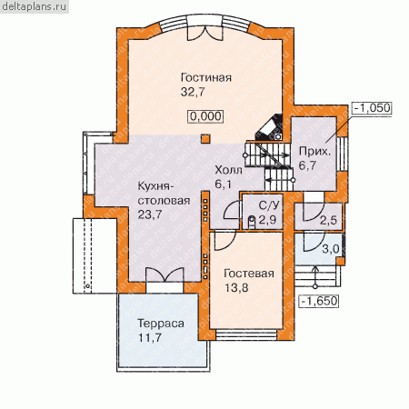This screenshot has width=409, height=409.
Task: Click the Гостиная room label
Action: (x=206, y=77)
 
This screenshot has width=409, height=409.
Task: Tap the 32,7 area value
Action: (x=193, y=92)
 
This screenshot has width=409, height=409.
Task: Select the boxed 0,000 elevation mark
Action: (x=206, y=116)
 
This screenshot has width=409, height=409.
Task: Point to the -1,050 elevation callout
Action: (x=373, y=108)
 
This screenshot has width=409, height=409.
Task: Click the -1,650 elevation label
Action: (x=319, y=301)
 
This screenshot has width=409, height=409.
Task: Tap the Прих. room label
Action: (x=314, y=152)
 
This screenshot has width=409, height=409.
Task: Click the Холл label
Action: (x=228, y=170)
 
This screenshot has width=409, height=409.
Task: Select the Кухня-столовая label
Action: (x=164, y=194)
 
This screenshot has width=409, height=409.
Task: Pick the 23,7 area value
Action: (x=150, y=214)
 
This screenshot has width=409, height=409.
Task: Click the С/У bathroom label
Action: (x=269, y=205)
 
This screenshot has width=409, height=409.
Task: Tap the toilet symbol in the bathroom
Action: (x=252, y=222)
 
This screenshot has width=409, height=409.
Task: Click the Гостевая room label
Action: (x=249, y=274)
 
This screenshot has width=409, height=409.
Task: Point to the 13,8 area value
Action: (x=236, y=288)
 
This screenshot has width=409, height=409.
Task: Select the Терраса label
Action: (x=161, y=324)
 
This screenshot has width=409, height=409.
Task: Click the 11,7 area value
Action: (x=150, y=337)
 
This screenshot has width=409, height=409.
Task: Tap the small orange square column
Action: (x=205, y=139)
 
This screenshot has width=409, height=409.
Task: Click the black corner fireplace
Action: (x=270, y=127)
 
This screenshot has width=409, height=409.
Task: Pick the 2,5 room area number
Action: (x=328, y=220)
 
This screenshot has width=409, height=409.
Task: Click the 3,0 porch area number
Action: (x=330, y=249)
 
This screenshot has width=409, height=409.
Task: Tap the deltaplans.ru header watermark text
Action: (x=34, y=6)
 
